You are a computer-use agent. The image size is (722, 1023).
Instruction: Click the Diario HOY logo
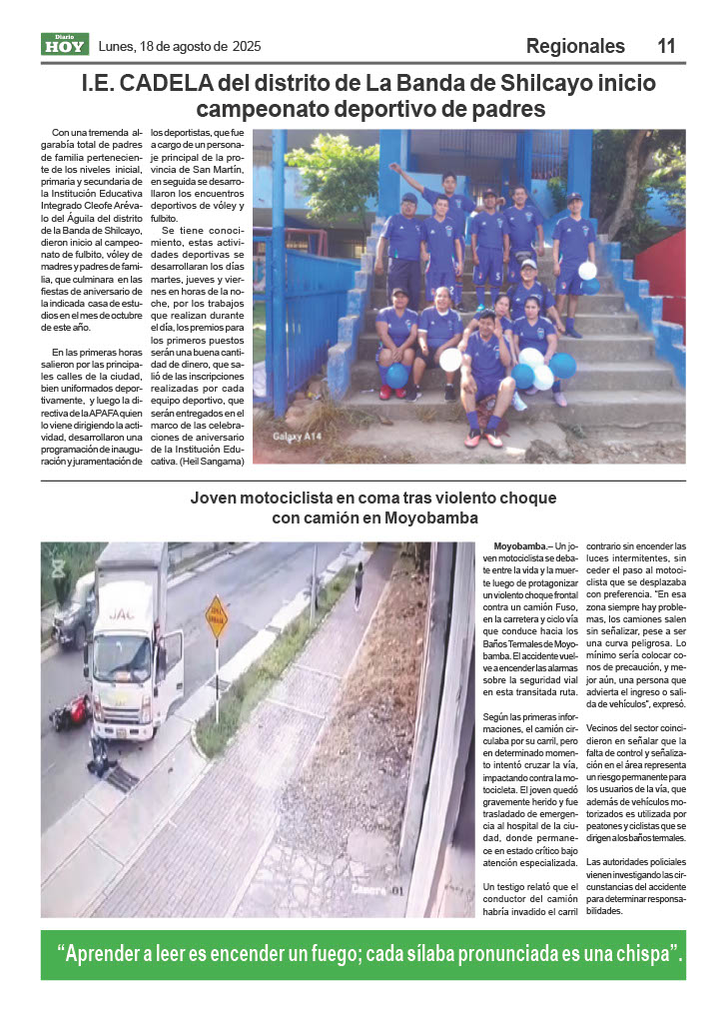[65, 44]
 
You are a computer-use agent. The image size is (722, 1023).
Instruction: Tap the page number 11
[667, 46]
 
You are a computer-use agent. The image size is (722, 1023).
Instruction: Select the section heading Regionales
[575, 46]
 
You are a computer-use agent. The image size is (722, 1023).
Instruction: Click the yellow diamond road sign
[217, 615]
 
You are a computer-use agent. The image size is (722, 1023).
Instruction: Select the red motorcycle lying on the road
[70, 712]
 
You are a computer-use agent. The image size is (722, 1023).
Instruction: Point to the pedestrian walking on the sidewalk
[358, 585]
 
